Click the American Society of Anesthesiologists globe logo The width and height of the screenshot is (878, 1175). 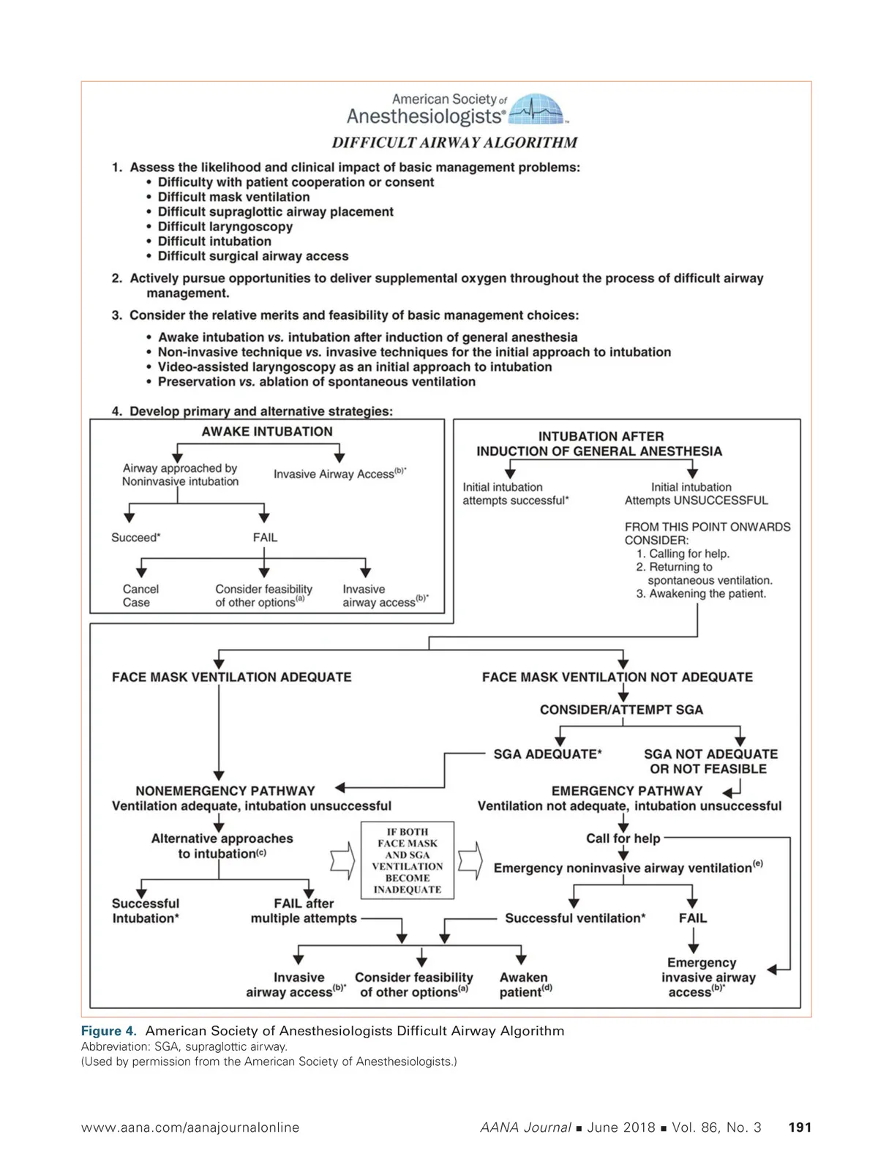point(538,110)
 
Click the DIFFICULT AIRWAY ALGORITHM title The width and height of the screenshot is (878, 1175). point(454,143)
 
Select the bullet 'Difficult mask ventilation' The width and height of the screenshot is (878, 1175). point(233,197)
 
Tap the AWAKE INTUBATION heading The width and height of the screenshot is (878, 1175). point(267,432)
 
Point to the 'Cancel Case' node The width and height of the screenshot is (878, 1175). point(140,596)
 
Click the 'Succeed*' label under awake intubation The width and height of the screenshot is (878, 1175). point(136,537)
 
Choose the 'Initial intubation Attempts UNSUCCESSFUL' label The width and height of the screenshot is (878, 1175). point(696,494)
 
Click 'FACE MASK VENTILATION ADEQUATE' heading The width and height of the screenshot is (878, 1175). point(231,677)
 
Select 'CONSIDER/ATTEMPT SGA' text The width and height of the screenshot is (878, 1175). point(621,710)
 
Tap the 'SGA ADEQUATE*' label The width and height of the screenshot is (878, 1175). point(547,754)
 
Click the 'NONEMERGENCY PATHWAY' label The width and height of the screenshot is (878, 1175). point(225,791)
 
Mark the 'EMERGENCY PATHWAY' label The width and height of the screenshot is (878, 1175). point(626,791)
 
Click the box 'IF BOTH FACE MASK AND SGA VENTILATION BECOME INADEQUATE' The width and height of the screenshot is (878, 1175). point(408,860)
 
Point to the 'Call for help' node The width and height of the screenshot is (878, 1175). point(623,838)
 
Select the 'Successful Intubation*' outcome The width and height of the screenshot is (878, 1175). point(146,911)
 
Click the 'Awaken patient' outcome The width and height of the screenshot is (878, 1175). point(525,985)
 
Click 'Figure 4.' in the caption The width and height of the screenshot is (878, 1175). point(108,1031)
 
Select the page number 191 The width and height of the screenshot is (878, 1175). point(800,1127)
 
